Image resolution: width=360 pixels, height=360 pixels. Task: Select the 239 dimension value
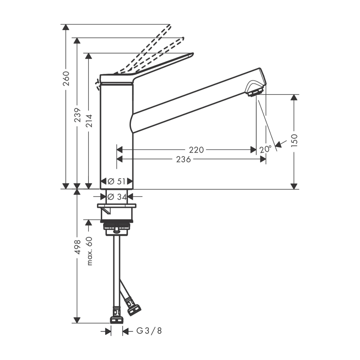[78, 115]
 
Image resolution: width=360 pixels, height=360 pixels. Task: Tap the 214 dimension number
[89, 121]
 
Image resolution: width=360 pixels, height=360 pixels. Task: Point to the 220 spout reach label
[196, 150]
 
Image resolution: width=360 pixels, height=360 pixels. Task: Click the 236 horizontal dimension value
[184, 159]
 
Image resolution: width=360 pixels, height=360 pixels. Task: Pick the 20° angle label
[265, 149]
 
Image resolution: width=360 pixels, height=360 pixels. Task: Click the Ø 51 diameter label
[116, 181]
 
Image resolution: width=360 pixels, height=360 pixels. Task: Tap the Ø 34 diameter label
[116, 197]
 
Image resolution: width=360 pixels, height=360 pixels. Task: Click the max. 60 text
[89, 250]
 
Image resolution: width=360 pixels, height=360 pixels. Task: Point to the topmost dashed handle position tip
[170, 26]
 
